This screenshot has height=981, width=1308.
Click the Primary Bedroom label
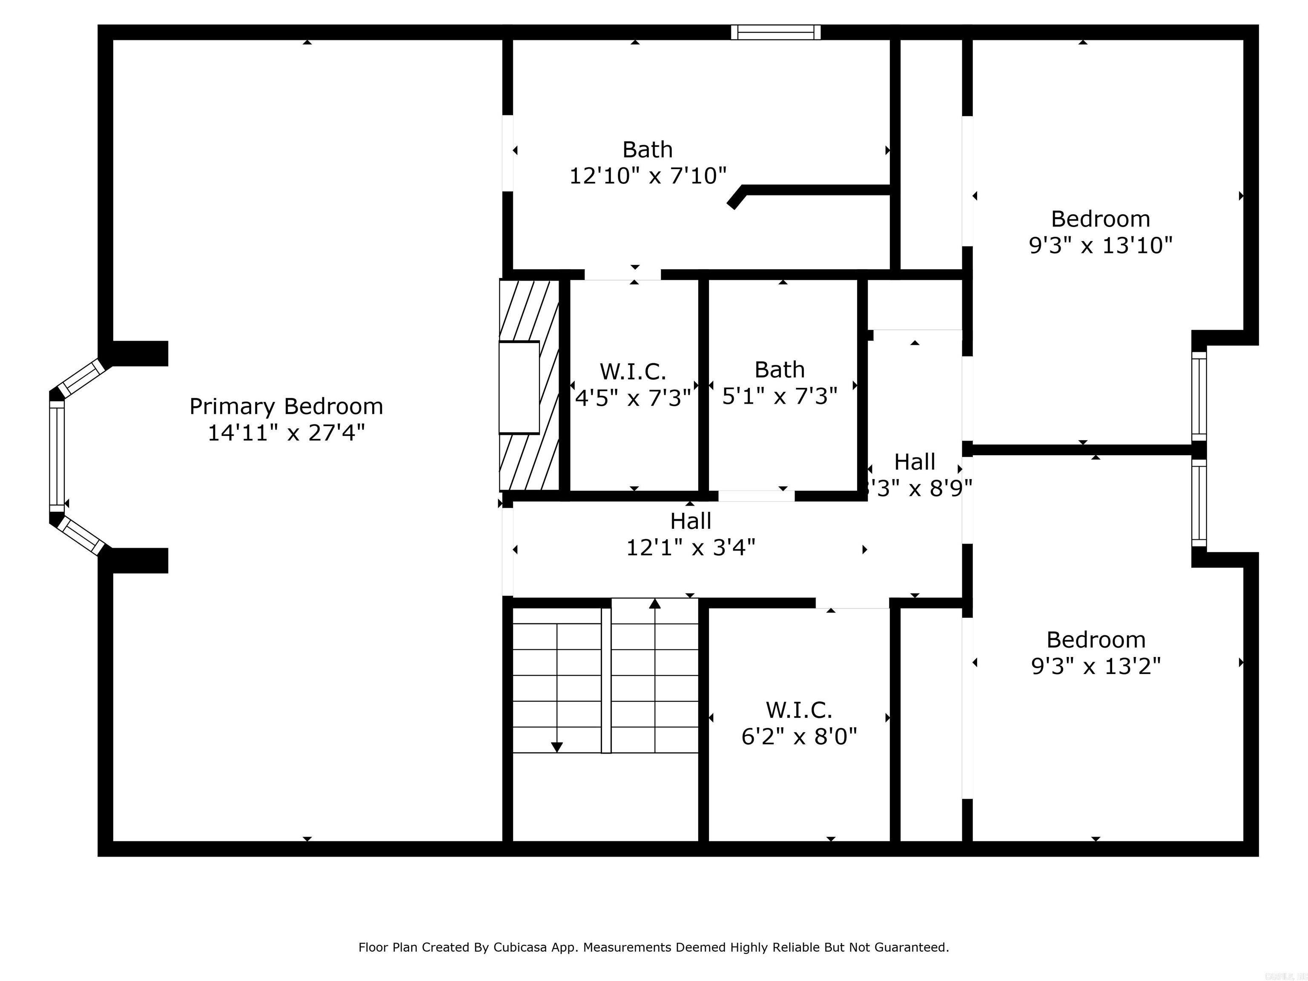click(x=286, y=407)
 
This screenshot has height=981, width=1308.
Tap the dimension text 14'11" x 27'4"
click(x=286, y=433)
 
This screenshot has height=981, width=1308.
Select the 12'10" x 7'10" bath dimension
click(x=648, y=175)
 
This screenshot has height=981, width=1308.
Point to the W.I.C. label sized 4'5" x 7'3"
click(x=633, y=372)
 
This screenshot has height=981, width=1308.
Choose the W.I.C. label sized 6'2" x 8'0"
click(x=799, y=710)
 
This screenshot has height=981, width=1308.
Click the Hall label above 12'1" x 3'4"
click(x=690, y=521)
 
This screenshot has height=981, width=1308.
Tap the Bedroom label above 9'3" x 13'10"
click(x=1100, y=219)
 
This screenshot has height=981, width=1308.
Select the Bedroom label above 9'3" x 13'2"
click(x=1096, y=640)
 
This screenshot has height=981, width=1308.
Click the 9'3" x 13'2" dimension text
click(x=1096, y=666)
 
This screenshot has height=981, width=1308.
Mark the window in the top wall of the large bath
click(x=775, y=32)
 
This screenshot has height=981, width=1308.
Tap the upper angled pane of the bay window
click(x=84, y=377)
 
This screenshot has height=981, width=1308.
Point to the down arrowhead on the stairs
click(x=556, y=747)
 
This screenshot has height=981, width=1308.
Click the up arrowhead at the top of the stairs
click(x=654, y=604)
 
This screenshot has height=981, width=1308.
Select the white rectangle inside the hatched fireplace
click(x=519, y=387)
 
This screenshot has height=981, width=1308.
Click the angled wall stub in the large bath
click(x=736, y=198)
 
